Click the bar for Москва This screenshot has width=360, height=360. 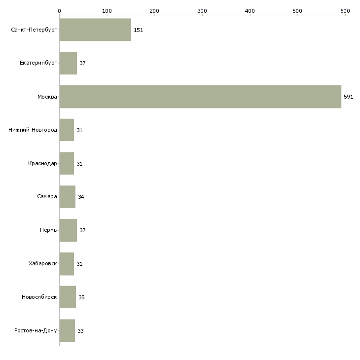200,97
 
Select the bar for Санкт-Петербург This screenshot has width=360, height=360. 95,30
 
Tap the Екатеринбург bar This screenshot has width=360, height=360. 68,63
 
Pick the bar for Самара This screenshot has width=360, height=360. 68,197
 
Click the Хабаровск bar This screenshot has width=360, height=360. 67,264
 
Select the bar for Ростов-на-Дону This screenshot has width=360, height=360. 67,330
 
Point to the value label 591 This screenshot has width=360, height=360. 348,97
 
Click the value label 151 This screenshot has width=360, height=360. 139,30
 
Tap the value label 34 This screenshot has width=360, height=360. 81,197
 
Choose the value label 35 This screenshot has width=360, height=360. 81,297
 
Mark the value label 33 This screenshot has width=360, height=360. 80,331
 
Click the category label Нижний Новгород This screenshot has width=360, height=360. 33,130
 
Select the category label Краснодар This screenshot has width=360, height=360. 42,163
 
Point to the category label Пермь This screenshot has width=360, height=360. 48,230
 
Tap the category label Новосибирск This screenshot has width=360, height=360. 39,297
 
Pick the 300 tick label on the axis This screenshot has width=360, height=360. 202,11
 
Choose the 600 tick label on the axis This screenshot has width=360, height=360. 345,11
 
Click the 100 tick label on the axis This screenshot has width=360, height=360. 107,11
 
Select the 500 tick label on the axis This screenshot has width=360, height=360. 297,11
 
